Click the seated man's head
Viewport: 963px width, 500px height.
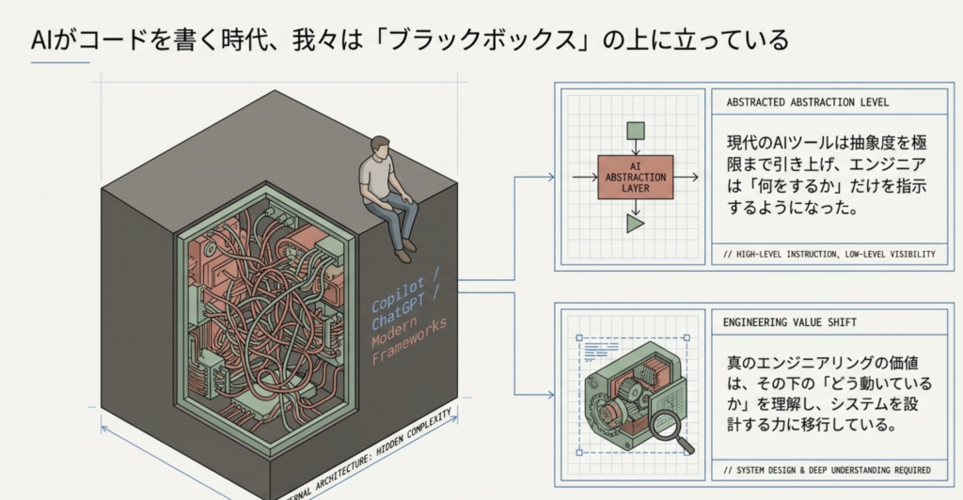(381, 148)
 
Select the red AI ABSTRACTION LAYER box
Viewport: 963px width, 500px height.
(636, 178)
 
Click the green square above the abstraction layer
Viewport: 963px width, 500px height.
(636, 132)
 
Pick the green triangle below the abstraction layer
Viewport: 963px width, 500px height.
(635, 224)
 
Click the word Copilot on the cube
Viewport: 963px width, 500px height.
(398, 293)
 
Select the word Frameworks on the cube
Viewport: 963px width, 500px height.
(409, 341)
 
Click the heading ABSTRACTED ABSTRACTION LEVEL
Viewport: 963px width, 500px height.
(807, 102)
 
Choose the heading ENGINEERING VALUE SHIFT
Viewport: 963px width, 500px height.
(789, 322)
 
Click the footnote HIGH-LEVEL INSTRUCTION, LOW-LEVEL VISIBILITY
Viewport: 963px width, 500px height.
(829, 254)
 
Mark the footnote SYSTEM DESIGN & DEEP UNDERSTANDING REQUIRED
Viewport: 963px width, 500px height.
(827, 470)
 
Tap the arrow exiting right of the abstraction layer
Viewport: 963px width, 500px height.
(686, 178)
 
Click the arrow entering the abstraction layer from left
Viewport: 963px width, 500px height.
(585, 178)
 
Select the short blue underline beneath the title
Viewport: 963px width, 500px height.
(60, 62)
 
